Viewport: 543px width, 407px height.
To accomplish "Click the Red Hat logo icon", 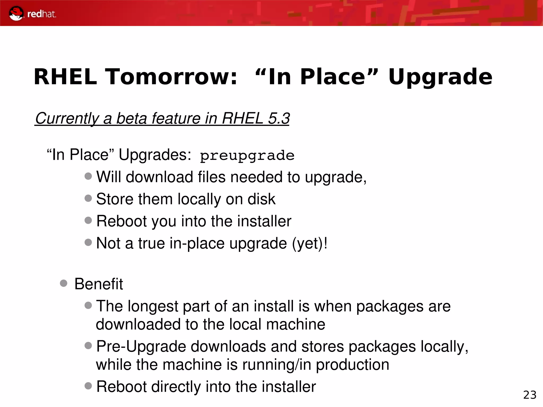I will pos(16,14).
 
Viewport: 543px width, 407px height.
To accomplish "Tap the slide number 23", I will pos(530,395).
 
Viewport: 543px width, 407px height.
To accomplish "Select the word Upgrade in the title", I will pos(440,77).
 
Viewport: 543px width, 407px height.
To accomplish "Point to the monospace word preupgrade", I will pos(247,156).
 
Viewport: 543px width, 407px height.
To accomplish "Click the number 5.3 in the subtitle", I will pos(279,118).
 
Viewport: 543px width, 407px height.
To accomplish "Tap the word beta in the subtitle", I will pos(132,118).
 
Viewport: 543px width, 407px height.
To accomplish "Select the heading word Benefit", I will pos(99,284).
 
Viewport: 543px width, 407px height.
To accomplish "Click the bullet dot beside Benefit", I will pos(64,283).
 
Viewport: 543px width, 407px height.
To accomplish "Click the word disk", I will pos(261,199).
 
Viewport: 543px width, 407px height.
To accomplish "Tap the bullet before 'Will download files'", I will pos(88,176).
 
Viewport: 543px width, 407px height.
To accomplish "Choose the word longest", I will pos(153,306).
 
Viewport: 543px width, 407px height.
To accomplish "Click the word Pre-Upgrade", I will pos(141,347).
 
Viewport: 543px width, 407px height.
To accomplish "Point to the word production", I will pos(352,365).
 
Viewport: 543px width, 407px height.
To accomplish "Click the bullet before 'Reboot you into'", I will pos(88,220).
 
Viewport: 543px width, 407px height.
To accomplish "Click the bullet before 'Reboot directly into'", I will pos(88,386).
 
